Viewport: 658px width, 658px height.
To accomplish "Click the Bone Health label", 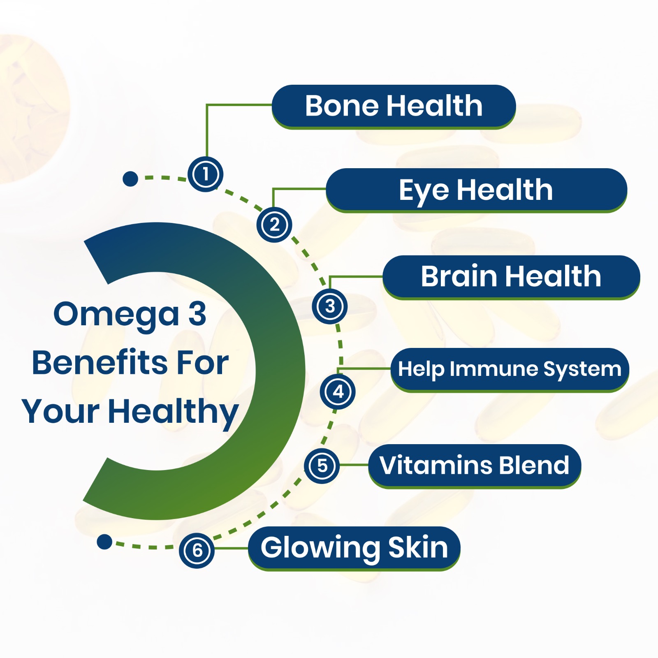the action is click(394, 107).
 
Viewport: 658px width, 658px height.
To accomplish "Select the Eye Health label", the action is click(476, 190).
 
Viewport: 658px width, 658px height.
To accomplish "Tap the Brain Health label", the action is click(511, 277).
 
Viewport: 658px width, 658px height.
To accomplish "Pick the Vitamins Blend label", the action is click(475, 466).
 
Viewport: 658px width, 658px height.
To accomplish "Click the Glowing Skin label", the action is click(354, 549).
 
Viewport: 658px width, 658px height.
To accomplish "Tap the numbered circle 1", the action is click(205, 174).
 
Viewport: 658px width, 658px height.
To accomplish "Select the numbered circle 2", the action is click(274, 225).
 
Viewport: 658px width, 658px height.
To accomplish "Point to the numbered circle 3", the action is click(330, 306).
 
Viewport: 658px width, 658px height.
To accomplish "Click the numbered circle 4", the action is click(338, 392).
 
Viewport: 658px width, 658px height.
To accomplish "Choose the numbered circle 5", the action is click(322, 466).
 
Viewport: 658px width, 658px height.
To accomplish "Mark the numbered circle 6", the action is click(197, 551).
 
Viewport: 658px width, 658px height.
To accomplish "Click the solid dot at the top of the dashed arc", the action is click(130, 179).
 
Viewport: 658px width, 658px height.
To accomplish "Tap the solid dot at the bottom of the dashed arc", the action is click(104, 542).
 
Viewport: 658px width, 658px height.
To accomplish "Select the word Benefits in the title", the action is click(100, 363).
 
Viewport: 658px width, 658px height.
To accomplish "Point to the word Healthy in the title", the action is click(174, 412).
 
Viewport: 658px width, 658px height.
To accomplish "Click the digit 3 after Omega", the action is click(197, 314).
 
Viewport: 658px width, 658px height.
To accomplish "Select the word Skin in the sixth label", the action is click(418, 547).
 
